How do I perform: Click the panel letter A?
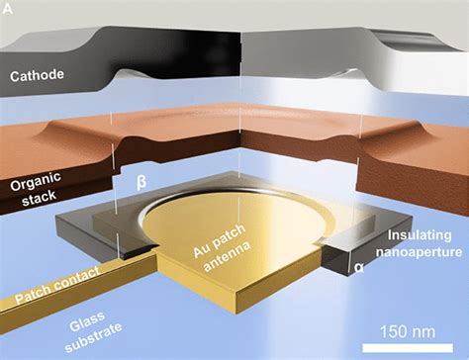(x=8, y=9)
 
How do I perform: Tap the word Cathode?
(x=37, y=73)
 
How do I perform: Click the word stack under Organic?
(x=31, y=200)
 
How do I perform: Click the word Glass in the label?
(x=111, y=319)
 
